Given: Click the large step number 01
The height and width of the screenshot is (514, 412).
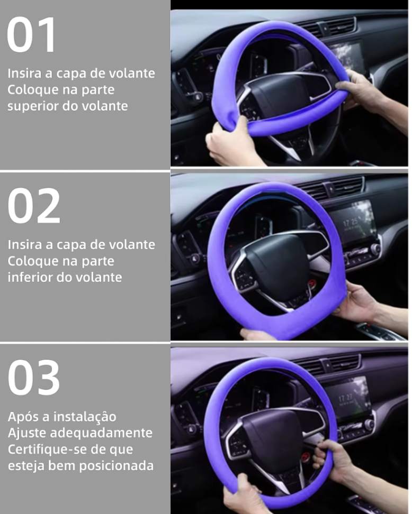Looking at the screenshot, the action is tap(32, 34).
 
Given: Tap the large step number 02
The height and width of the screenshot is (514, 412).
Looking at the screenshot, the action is tap(34, 206).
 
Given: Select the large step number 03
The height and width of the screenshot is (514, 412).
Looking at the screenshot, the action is tap(34, 378).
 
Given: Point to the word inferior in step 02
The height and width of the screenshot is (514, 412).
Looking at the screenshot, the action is tap(30, 277).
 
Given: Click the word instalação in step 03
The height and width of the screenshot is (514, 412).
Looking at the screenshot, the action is tap(85, 417).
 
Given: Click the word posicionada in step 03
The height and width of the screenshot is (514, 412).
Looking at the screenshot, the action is tap(116, 466).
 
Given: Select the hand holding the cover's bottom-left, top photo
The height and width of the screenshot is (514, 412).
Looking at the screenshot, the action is tap(230, 141).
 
